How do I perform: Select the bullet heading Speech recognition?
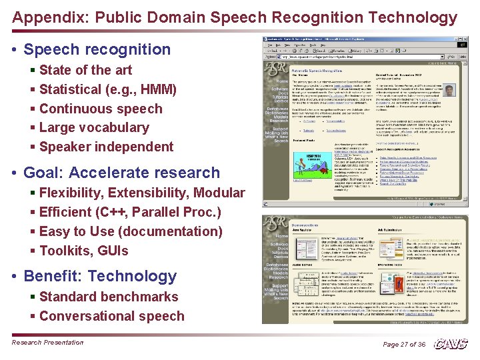[97, 49]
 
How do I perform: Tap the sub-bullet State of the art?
[85, 70]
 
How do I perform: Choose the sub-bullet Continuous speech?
[101, 109]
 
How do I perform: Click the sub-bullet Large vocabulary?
[94, 127]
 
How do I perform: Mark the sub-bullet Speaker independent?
[106, 147]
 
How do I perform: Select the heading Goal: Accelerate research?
[121, 173]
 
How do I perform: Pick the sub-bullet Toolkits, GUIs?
[83, 251]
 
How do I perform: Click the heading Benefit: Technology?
[100, 277]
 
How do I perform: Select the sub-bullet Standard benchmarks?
[109, 297]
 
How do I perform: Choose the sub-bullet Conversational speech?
[111, 316]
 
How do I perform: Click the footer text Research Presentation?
[47, 343]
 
